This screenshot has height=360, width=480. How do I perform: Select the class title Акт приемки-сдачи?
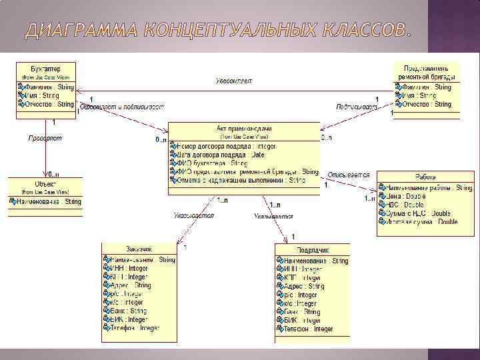(x=244, y=128)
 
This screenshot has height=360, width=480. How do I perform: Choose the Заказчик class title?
(x=139, y=250)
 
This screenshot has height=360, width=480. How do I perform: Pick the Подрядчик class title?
(x=312, y=250)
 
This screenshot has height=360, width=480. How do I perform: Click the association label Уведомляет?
(x=234, y=81)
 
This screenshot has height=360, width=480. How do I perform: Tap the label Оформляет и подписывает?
(x=121, y=107)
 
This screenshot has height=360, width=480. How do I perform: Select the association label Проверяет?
(x=45, y=138)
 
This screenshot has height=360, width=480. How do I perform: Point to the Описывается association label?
(x=348, y=175)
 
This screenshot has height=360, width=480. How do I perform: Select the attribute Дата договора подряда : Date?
(x=220, y=154)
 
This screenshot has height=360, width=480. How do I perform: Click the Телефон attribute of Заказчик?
(x=133, y=329)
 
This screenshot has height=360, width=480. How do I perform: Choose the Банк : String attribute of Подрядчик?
(x=301, y=311)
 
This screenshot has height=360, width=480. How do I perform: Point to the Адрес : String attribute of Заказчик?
(x=129, y=285)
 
